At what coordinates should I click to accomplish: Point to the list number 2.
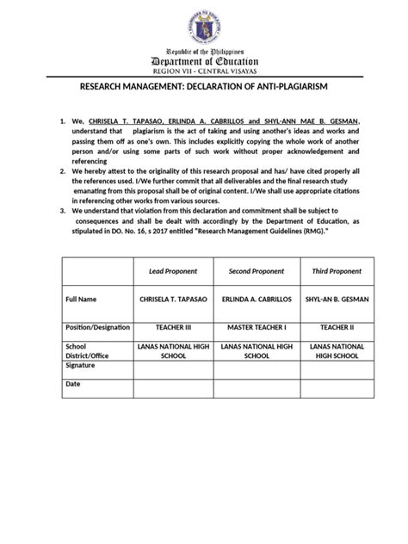pyautogui.click(x=63, y=172)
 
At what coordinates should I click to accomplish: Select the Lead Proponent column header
pyautogui.click(x=173, y=271)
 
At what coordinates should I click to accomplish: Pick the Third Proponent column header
pyautogui.click(x=336, y=271)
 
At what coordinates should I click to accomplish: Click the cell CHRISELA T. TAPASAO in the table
pyautogui.click(x=173, y=300)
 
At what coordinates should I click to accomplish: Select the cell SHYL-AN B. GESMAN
pyautogui.click(x=336, y=300)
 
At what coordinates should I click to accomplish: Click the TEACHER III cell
pyautogui.click(x=173, y=329)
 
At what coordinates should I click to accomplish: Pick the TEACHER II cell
pyautogui.click(x=336, y=329)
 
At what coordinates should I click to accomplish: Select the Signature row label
pyautogui.click(x=82, y=365)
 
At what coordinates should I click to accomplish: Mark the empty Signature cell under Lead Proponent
pyautogui.click(x=173, y=368)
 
